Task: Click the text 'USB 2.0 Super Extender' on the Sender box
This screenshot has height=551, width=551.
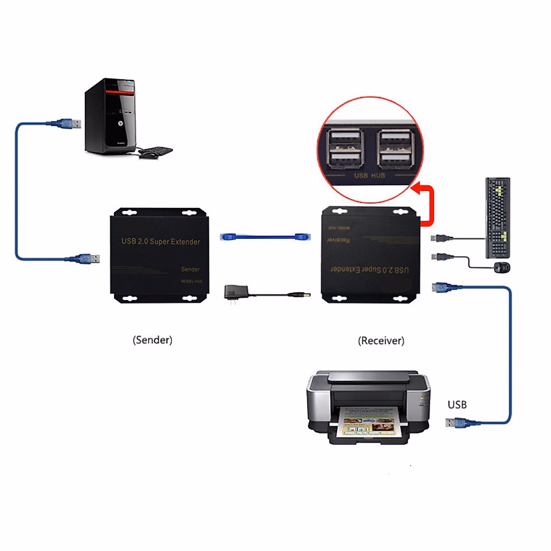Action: (x=161, y=242)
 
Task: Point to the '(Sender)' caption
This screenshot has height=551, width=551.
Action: (x=152, y=340)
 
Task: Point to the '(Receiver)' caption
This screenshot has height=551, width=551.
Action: (x=381, y=341)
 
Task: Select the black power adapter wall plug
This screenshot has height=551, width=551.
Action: (x=235, y=292)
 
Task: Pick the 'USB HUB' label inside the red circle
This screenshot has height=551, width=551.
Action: (x=370, y=175)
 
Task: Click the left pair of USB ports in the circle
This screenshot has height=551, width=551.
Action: (x=345, y=148)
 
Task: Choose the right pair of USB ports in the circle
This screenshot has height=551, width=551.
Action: (x=395, y=148)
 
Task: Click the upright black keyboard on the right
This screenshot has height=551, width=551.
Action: (x=498, y=218)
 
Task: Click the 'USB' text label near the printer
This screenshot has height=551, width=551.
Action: (x=457, y=405)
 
